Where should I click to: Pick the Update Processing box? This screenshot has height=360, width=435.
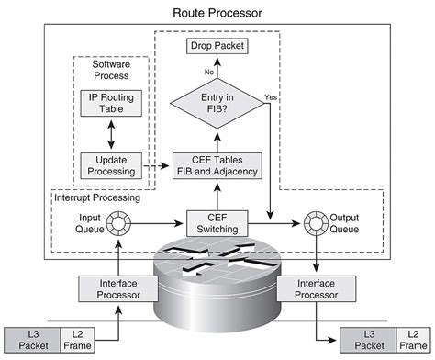109,164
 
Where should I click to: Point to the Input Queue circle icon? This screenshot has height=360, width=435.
119,221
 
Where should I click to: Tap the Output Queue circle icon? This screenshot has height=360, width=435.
318,221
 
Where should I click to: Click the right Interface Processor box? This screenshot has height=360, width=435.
317,290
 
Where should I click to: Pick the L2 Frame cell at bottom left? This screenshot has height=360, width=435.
73,338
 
